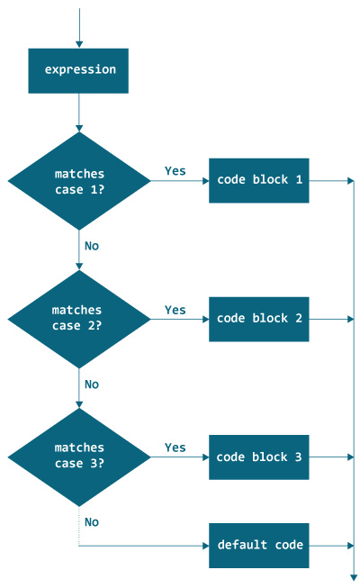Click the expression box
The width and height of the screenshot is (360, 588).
click(x=79, y=70)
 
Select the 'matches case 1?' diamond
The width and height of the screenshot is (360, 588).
click(x=79, y=180)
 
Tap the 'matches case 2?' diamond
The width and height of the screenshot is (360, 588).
click(x=79, y=318)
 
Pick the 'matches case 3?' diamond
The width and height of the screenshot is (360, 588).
click(x=79, y=456)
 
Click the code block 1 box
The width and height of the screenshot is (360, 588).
click(x=259, y=180)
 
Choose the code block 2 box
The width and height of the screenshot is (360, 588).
click(x=259, y=319)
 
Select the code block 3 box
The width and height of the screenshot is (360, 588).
click(x=259, y=457)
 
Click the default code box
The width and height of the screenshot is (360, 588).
click(x=259, y=546)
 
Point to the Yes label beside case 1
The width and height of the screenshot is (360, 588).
click(x=175, y=170)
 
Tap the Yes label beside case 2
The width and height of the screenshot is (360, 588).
click(x=175, y=310)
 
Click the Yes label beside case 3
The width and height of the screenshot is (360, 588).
click(x=175, y=448)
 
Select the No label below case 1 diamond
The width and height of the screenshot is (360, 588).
click(x=92, y=246)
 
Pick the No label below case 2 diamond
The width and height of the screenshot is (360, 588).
click(x=92, y=384)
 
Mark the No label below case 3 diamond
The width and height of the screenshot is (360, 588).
click(x=92, y=521)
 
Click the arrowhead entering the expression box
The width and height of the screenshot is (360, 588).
click(x=79, y=42)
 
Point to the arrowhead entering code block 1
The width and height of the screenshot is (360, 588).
click(x=204, y=180)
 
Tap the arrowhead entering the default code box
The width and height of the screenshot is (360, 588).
click(x=204, y=546)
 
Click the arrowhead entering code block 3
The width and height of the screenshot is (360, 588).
click(x=204, y=457)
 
